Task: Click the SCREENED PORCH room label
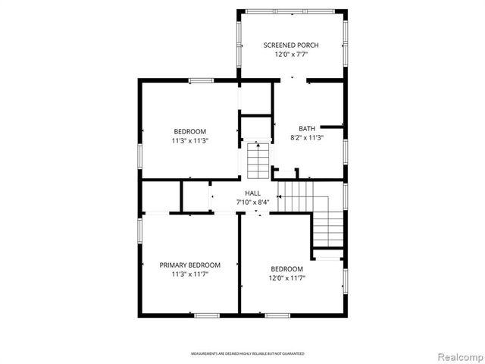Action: pos(291,45)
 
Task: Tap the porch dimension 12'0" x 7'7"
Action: pos(291,55)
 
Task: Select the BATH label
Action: pos(307,128)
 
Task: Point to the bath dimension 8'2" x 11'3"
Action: pos(307,138)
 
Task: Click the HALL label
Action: pos(253,193)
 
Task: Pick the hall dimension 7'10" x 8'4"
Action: pos(253,202)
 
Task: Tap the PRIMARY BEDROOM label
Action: pos(189,265)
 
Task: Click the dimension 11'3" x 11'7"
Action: pos(189,275)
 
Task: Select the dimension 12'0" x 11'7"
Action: pos(287,278)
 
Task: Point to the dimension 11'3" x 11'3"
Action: pos(189,140)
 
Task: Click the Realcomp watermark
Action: pos(459,356)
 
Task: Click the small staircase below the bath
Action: pos(258,158)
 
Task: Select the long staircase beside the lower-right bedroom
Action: pos(327,226)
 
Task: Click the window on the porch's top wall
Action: pos(292,11)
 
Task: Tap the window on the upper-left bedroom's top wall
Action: pos(200,80)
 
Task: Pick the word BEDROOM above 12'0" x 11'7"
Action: pos(287,269)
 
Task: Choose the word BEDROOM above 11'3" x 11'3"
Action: pos(189,131)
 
